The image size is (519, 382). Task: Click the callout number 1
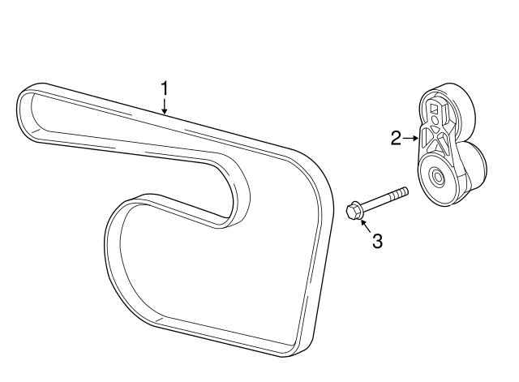(x=165, y=88)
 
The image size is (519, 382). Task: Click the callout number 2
(x=396, y=138)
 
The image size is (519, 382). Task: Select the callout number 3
(x=376, y=241)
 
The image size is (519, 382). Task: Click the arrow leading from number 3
(x=365, y=224)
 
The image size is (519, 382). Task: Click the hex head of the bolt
(x=354, y=212)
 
